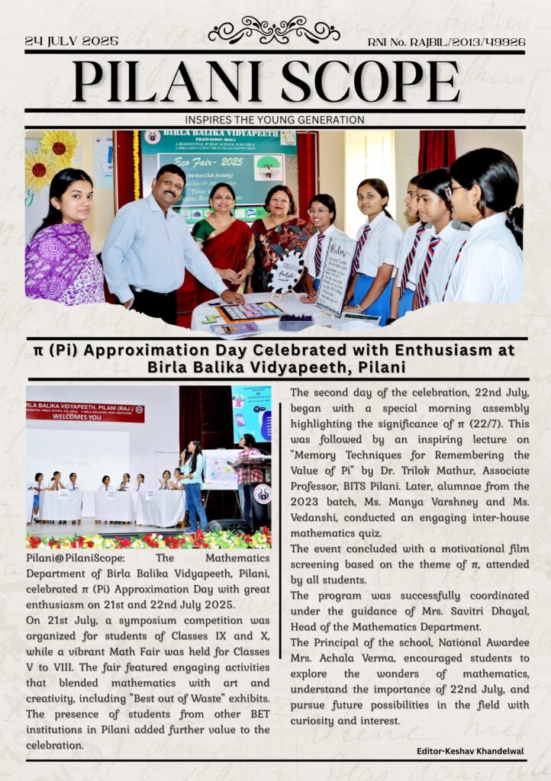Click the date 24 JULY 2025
coord(72,41)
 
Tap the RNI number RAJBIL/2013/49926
coord(446,42)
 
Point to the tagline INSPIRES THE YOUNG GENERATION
coord(274,120)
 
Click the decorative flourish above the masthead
coord(274,30)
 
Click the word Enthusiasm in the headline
coord(435,350)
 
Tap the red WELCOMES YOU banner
coord(84,413)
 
